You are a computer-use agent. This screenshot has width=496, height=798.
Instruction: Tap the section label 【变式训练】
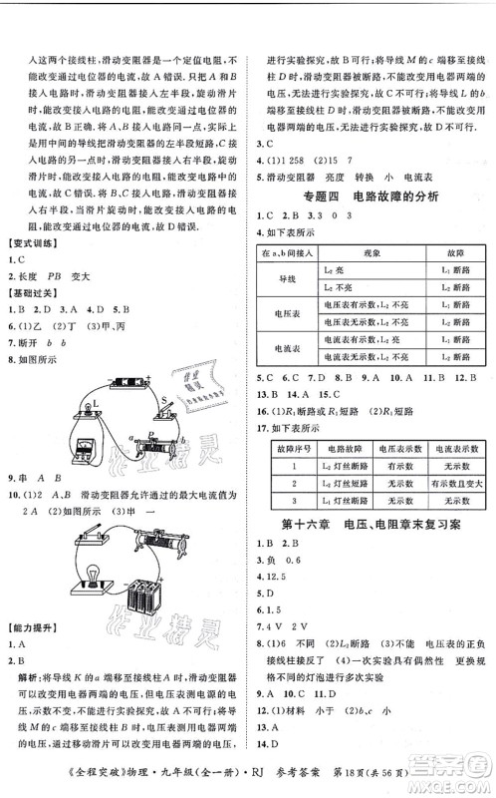point(34,245)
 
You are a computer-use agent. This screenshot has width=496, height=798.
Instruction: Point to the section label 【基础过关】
point(34,294)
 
